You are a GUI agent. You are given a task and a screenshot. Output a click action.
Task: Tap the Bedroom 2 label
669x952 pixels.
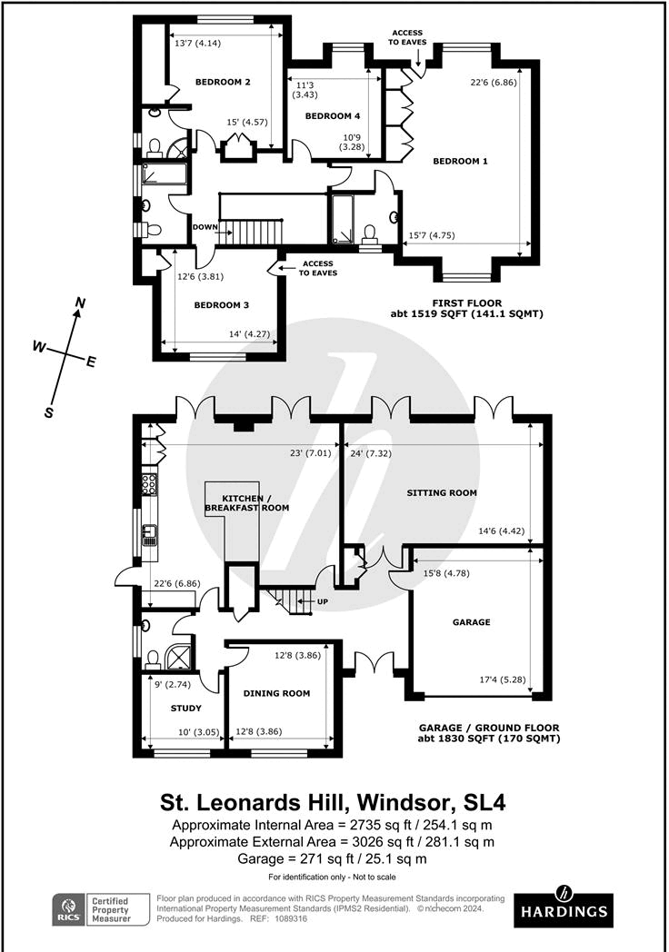pyautogui.click(x=223, y=83)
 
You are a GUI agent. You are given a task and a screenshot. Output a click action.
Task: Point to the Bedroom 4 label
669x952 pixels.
pyautogui.click(x=333, y=116)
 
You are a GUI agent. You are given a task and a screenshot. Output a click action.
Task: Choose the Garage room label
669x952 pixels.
pyautogui.click(x=471, y=622)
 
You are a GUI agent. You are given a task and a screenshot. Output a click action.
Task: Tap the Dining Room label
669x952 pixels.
pyautogui.click(x=276, y=693)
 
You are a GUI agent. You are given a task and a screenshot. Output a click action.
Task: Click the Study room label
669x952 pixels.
pyautogui.click(x=185, y=709)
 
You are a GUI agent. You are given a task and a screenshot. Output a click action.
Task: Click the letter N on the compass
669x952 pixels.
pyautogui.click(x=80, y=302)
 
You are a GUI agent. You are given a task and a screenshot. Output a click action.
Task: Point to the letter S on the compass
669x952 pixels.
pyautogui.click(x=49, y=412)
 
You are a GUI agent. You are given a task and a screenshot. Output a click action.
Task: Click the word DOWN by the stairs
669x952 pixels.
pyautogui.click(x=205, y=228)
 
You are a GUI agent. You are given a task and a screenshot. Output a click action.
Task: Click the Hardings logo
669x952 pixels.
pyautogui.click(x=563, y=909)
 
